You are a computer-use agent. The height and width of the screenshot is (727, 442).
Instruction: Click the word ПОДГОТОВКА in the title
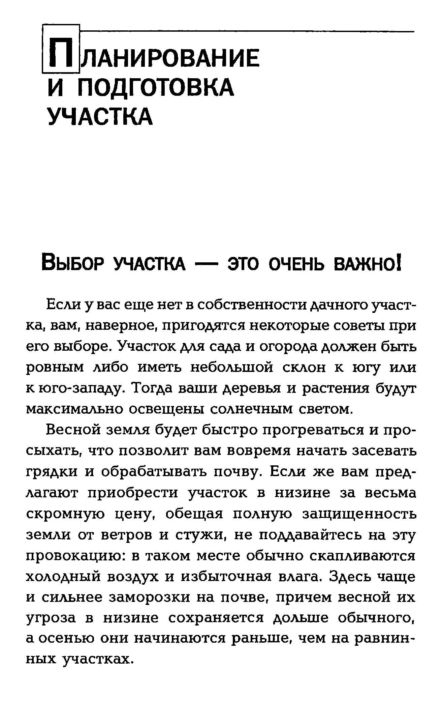point(155,87)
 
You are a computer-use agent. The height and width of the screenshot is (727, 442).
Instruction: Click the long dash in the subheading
point(207,264)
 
